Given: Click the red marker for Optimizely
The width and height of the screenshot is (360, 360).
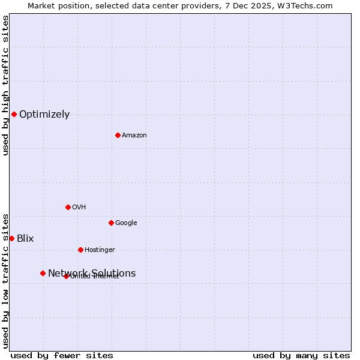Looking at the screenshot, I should [x=14, y=114].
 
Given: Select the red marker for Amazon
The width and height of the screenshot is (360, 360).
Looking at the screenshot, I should [x=118, y=135].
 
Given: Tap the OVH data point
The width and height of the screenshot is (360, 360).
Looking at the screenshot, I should [x=68, y=207].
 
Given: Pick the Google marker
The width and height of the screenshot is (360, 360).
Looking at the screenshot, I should [x=111, y=223].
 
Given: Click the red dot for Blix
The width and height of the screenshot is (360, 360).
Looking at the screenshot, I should [x=11, y=238].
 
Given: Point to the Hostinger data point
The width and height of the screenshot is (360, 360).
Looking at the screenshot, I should [x=80, y=250].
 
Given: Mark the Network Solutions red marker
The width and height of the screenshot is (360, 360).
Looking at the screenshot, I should [x=43, y=273].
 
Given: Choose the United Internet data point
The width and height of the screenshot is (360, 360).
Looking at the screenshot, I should [x=66, y=276].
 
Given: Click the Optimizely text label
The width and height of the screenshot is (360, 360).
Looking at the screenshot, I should [x=44, y=115].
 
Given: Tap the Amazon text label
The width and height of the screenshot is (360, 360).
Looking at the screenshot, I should [x=134, y=136].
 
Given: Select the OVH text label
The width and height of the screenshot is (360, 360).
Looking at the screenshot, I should [x=79, y=208].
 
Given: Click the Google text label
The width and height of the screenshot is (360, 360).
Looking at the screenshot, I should [x=126, y=223].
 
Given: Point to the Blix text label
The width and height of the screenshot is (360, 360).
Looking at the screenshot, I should [x=25, y=239].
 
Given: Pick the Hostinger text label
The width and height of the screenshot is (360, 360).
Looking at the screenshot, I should [x=100, y=250].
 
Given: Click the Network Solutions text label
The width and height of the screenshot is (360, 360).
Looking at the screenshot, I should [x=92, y=274].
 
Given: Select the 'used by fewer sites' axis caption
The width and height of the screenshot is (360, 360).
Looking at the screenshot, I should [x=62, y=356].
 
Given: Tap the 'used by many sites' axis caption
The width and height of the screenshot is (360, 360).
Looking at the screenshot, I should [x=301, y=356].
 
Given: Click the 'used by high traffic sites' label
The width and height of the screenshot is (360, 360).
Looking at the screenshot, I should [x=5, y=85].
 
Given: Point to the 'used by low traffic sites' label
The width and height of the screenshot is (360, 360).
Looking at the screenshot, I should [x=5, y=281].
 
